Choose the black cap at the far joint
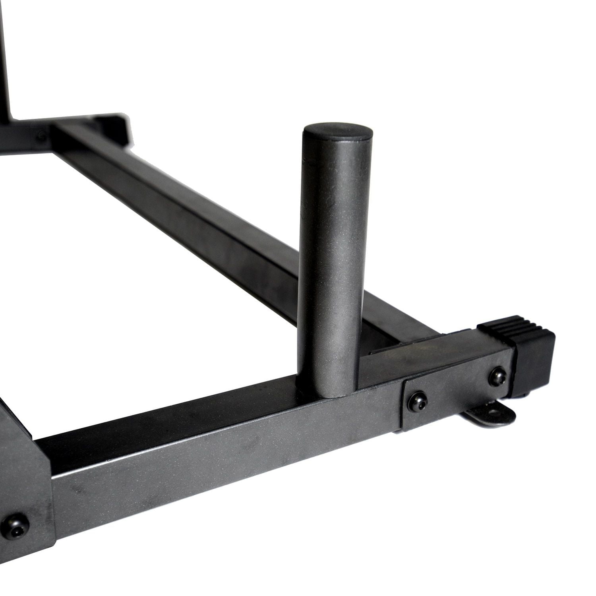click(x=113, y=127)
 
